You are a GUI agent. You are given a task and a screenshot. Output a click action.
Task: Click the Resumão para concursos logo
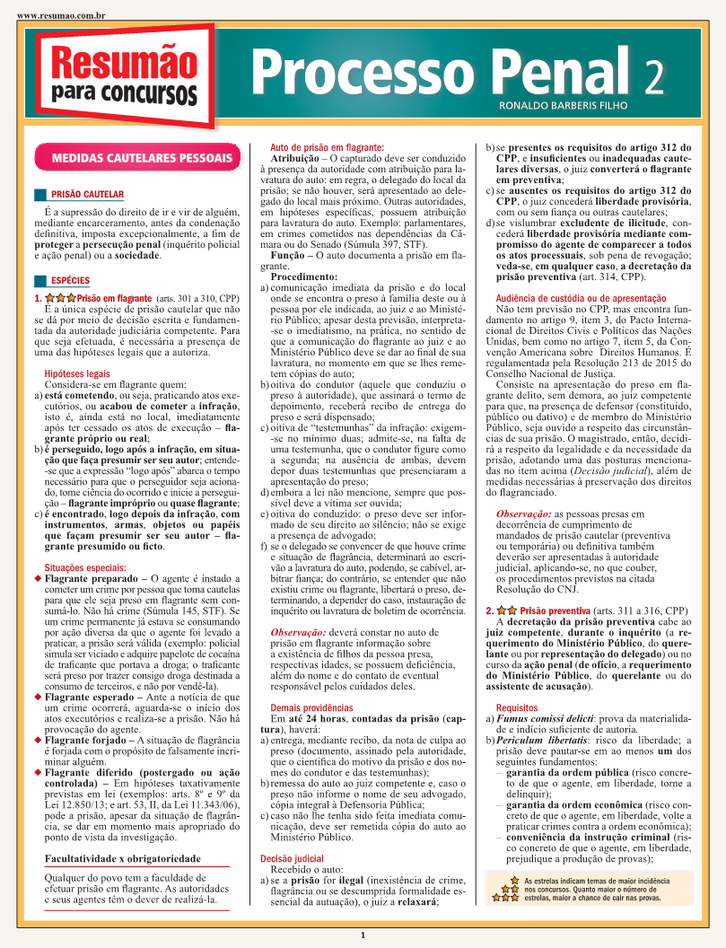coord(124,75)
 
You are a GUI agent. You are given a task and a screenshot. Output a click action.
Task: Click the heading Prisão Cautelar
coord(87,194)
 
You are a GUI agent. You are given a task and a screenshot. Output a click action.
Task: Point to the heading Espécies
coord(70,281)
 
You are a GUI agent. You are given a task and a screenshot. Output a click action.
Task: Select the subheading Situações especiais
coord(85,567)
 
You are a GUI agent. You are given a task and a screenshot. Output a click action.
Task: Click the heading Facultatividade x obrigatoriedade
coord(122,859)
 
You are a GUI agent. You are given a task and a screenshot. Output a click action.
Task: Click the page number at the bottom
coord(363,935)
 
